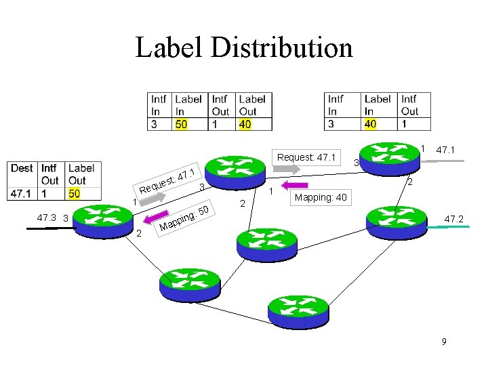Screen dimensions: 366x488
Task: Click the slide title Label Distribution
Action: [244, 47]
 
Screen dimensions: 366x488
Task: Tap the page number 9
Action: [444, 342]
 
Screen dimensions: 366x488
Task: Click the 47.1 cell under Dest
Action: [22, 194]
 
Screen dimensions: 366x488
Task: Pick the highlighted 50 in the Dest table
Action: [77, 194]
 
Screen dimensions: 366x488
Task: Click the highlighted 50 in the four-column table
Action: [182, 124]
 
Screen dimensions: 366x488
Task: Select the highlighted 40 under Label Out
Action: [245, 124]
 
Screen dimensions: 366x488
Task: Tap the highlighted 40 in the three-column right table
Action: [370, 124]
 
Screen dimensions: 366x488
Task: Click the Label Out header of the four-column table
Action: [251, 105]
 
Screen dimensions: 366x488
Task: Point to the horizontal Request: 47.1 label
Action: [306, 157]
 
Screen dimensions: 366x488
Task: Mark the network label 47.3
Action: [46, 218]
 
